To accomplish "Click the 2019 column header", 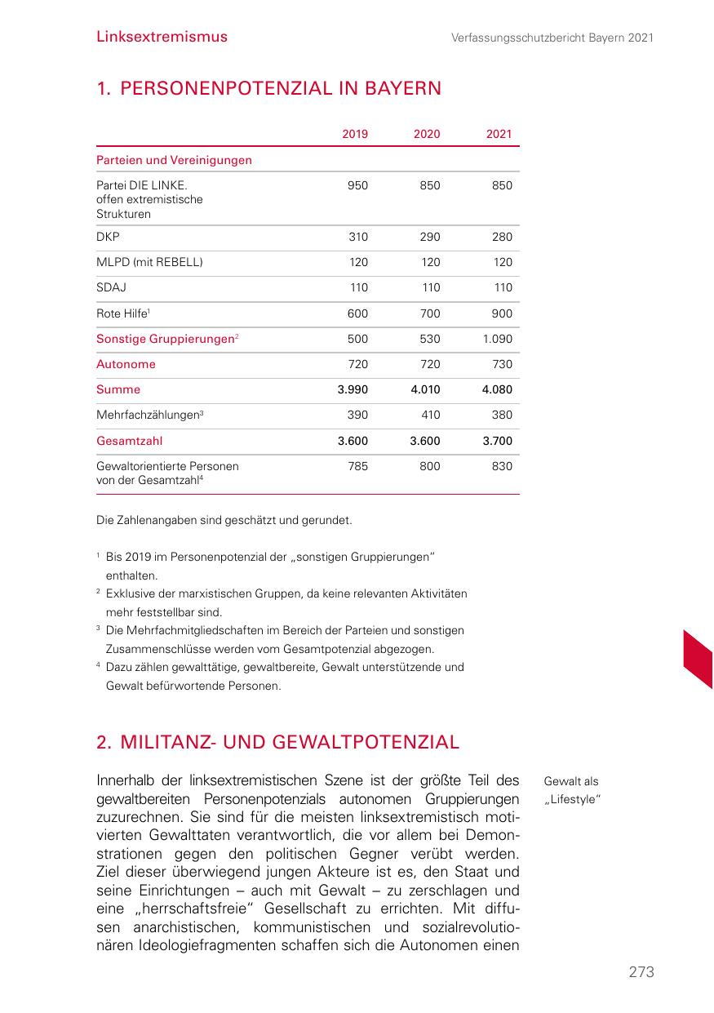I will [354, 135].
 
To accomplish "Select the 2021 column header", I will [498, 135].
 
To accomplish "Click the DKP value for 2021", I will [502, 238].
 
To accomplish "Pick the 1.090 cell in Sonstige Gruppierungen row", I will [497, 340].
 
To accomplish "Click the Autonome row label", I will [126, 365].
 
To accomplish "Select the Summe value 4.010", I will [425, 390].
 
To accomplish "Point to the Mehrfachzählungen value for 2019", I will [357, 415].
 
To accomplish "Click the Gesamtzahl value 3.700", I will [497, 442].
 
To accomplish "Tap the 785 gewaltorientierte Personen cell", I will [357, 467].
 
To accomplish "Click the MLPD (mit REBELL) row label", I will [149, 263].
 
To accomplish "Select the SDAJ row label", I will [111, 288].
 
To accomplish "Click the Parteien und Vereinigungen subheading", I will [174, 161].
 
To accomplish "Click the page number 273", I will [641, 972].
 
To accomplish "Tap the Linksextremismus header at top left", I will [162, 37].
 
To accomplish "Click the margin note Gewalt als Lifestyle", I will [572, 790].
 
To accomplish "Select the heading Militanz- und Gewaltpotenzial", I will [277, 743].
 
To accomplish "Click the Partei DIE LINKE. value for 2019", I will [357, 186].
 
